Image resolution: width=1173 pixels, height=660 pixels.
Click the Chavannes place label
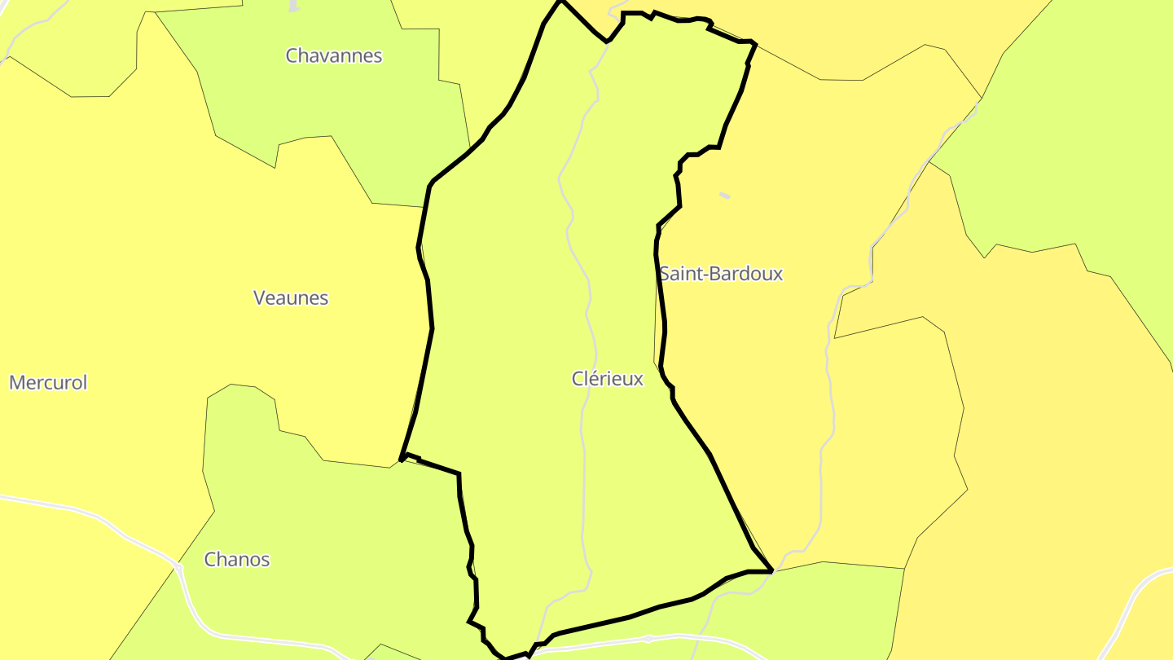pyautogui.click(x=334, y=55)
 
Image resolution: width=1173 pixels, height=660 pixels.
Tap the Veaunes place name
pyautogui.click(x=291, y=298)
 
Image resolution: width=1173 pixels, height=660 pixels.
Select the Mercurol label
pyautogui.click(x=48, y=383)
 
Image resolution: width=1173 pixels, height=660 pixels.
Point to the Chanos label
pyautogui.click(x=237, y=560)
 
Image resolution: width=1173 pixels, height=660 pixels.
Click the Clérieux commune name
pyautogui.click(x=608, y=379)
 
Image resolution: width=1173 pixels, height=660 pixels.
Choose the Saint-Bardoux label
pyautogui.click(x=721, y=274)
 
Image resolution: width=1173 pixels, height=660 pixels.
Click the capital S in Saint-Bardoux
pyautogui.click(x=665, y=274)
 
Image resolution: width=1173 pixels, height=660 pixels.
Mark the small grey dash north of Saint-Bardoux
pyautogui.click(x=725, y=196)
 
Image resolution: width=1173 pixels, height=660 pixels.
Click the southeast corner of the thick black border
pyautogui.click(x=771, y=571)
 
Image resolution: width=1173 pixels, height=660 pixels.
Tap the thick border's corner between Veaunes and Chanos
pyautogui.click(x=402, y=459)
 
